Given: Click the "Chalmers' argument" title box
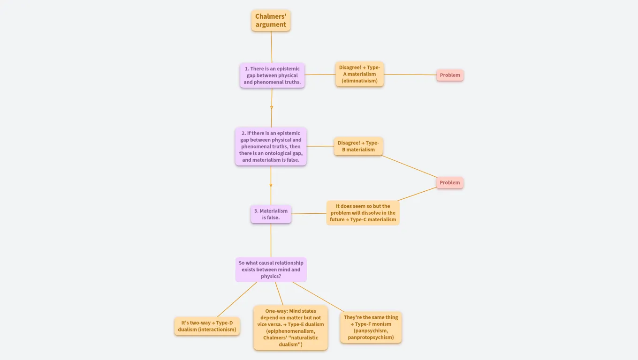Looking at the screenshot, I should point(271,21).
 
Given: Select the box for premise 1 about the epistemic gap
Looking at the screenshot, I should point(272,75).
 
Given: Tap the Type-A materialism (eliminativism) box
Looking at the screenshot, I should point(359,74).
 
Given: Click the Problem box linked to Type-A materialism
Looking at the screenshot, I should point(450,75).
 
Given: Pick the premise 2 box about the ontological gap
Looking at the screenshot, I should point(271,146).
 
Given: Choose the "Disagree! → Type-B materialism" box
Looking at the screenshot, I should point(358,146).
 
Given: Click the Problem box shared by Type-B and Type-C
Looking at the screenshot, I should point(450,183).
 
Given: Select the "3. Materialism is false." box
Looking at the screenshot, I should point(271,214).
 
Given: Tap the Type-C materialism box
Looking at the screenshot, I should point(363,213).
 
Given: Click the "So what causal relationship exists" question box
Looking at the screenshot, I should point(271,270).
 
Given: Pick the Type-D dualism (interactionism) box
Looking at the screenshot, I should point(207,326).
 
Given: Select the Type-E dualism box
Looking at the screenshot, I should point(290,328).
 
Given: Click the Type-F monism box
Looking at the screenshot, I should point(371,327).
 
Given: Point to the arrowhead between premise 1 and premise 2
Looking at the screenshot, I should point(272,107).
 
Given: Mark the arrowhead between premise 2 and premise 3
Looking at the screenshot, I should point(271,185).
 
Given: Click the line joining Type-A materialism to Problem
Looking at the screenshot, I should point(410,75).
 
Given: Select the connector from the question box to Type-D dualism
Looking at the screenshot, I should point(237,300).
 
